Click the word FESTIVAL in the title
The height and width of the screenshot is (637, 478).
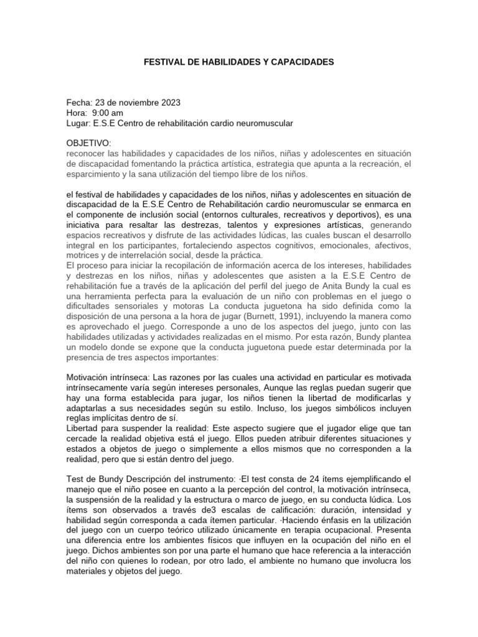click(164, 63)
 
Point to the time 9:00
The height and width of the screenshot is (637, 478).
click(101, 113)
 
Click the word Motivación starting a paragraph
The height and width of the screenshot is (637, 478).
click(92, 377)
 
